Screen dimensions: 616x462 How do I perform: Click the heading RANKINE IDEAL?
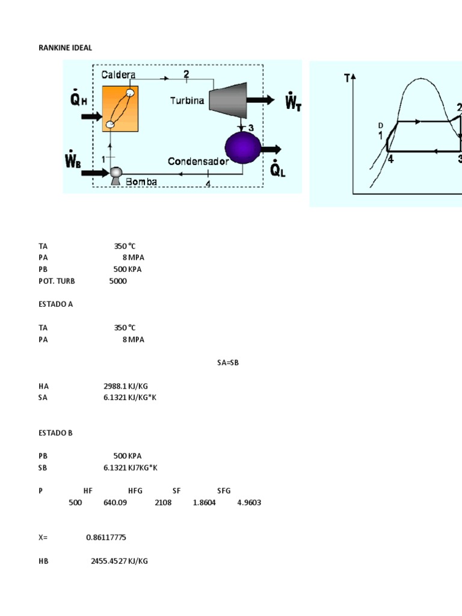(66, 48)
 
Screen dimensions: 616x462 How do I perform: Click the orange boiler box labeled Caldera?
(120, 108)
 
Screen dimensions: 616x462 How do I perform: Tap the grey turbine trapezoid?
(227, 99)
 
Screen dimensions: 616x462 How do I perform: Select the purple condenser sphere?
(242, 147)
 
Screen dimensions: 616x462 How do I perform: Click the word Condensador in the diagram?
(198, 161)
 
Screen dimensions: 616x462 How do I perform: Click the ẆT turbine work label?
(293, 100)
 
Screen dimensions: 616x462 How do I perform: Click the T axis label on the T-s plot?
(347, 78)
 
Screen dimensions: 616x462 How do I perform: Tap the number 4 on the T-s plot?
(390, 159)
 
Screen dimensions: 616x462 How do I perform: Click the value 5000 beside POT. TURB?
(118, 281)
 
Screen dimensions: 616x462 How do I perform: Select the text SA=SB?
(228, 363)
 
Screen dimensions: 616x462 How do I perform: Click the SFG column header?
(224, 491)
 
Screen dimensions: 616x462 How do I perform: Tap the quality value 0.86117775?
(106, 537)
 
